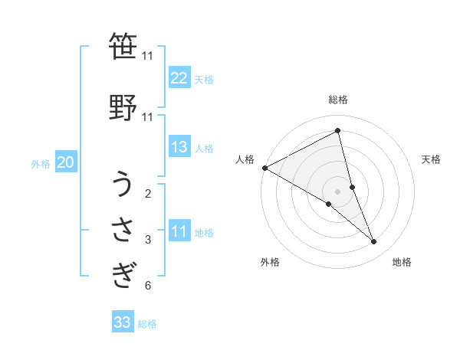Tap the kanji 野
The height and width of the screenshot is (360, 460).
[x=123, y=105]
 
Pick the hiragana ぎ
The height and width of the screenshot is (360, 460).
[x=123, y=273]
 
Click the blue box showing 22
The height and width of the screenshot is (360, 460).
[x=179, y=78]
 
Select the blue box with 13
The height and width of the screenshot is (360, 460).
[x=179, y=147]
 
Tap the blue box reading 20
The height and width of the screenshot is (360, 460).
[x=66, y=162]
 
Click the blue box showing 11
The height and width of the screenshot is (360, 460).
[x=179, y=231]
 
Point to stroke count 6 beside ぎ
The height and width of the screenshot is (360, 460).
[x=148, y=286]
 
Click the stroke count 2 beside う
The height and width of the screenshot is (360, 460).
[x=148, y=193]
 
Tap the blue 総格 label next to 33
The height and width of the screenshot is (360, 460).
[x=148, y=324]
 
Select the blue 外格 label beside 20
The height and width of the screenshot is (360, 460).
[x=41, y=163]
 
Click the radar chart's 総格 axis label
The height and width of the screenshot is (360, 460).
[x=338, y=100]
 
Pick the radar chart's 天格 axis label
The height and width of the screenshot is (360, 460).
[x=432, y=159]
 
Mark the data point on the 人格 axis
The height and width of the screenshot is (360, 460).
[x=264, y=168]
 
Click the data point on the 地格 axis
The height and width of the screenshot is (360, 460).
[x=374, y=242]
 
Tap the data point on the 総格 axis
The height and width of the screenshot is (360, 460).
[x=338, y=131]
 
